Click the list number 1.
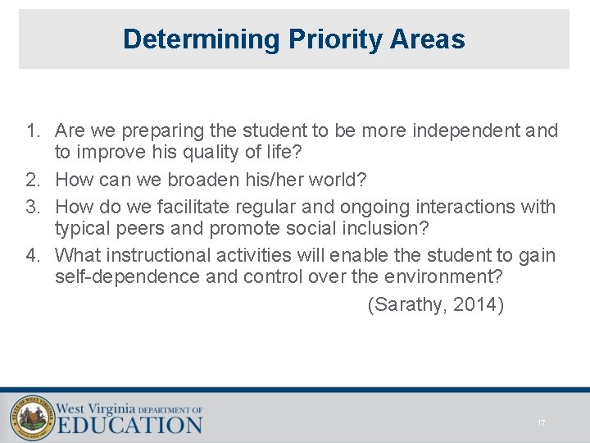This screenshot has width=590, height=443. [33, 131]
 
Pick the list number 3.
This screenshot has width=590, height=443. [33, 207]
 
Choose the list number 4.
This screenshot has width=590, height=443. [33, 256]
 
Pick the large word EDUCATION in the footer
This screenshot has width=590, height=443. [129, 425]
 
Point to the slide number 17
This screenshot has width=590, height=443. [541, 423]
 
